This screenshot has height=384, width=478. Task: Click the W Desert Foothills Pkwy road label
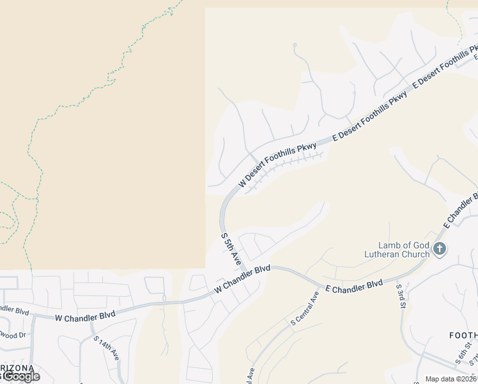pyautogui.click(x=278, y=164)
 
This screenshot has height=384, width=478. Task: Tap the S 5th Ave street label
pyautogui.click(x=231, y=249)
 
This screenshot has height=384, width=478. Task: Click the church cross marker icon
pyautogui.click(x=439, y=249)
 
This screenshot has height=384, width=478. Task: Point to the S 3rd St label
pyautogui.click(x=401, y=295)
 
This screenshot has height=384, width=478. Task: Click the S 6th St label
pyautogui.click(x=463, y=353)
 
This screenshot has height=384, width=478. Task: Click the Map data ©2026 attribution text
pyautogui.click(x=451, y=379)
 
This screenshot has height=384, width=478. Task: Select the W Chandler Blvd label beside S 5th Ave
pyautogui.click(x=242, y=280)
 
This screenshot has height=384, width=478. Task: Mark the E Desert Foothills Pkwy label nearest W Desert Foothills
pyautogui.click(x=369, y=116)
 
